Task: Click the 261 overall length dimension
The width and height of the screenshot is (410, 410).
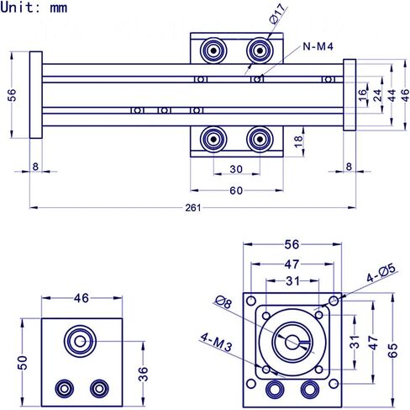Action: (193, 208)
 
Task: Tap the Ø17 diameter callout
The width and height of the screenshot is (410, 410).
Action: (278, 13)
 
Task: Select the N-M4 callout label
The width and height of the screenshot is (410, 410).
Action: (318, 46)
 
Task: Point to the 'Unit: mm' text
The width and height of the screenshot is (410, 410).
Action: (34, 8)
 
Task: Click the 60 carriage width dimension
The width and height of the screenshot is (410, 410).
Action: (236, 190)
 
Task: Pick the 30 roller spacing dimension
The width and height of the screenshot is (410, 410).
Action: (236, 169)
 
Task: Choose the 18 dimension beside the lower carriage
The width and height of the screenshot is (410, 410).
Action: (298, 141)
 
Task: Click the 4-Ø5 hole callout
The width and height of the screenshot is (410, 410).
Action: (381, 273)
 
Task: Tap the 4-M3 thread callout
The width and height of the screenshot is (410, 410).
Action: (216, 342)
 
